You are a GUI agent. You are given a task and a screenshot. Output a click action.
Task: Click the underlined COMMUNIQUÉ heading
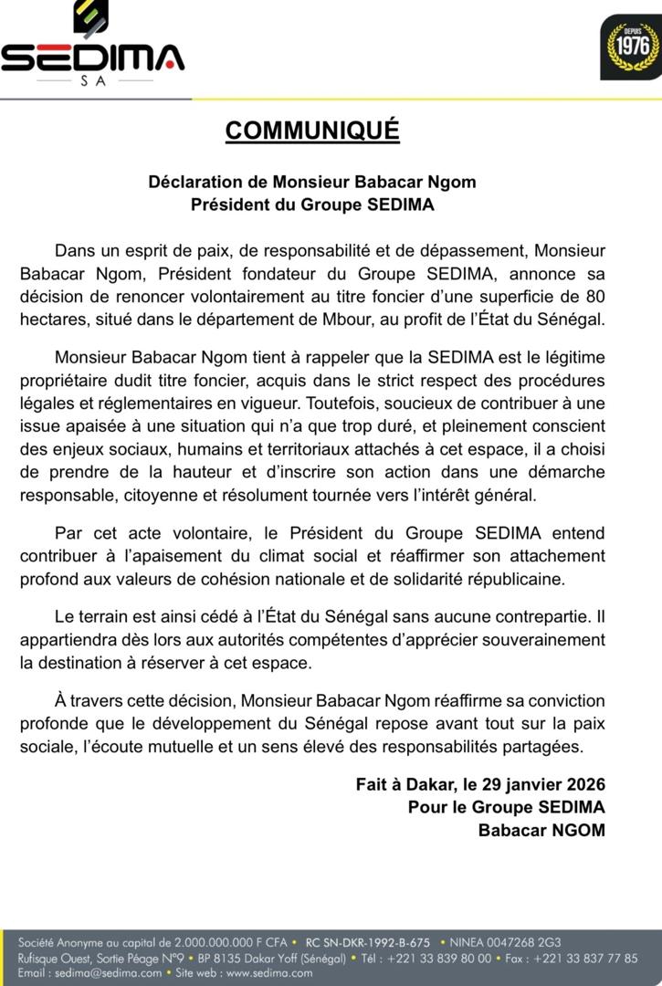tap(312, 131)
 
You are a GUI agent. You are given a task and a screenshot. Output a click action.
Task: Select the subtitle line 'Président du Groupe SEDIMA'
tap(312, 205)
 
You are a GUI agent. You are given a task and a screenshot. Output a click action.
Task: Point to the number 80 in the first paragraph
tap(595, 297)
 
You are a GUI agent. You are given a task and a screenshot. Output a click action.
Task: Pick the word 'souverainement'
tap(540, 638)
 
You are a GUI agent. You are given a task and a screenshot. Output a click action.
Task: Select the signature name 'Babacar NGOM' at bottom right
tap(541, 830)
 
